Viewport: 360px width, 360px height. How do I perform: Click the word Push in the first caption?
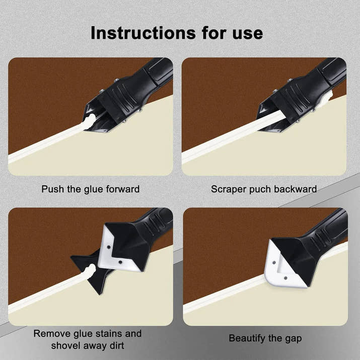tap(52, 189)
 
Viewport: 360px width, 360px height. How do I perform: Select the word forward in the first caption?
tap(121, 189)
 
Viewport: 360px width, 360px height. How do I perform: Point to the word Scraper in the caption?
tap(228, 189)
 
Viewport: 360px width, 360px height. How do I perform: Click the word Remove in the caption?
tap(52, 333)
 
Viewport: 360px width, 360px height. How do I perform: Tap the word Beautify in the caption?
tap(247, 338)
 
